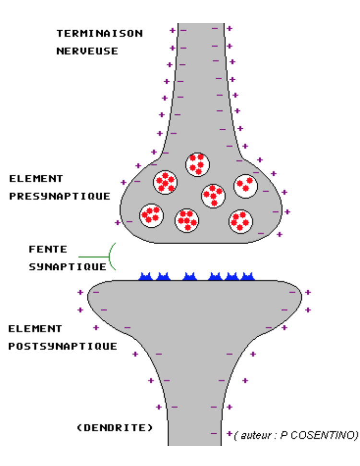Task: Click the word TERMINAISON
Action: [x=99, y=33]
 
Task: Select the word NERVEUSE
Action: [x=87, y=51]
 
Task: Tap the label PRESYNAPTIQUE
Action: [x=60, y=196]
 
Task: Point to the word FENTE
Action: [x=48, y=249]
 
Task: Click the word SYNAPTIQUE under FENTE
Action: [x=67, y=266]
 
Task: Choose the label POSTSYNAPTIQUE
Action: [x=63, y=346]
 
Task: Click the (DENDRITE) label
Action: [x=115, y=427]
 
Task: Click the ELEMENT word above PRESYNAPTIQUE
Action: [x=36, y=179]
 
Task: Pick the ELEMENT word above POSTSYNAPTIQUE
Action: [x=36, y=329]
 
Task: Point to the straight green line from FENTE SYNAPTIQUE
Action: [x=94, y=257]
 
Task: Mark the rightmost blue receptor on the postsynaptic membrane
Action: [x=247, y=276]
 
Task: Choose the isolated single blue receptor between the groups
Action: [x=190, y=276]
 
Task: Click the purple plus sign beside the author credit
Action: [x=229, y=433]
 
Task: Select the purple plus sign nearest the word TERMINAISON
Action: [x=172, y=30]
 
